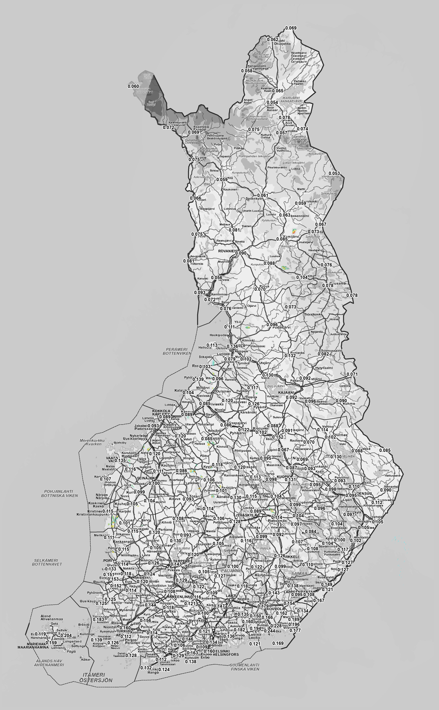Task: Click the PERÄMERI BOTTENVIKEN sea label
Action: (x=177, y=351)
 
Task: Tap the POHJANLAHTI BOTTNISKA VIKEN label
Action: (x=60, y=493)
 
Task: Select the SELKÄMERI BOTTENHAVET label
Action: (x=47, y=562)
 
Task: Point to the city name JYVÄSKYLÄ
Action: (x=246, y=515)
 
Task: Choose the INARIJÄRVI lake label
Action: (x=291, y=99)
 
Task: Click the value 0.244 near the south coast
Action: (x=269, y=631)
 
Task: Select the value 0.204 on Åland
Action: (x=66, y=635)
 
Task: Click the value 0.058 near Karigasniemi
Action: (x=247, y=71)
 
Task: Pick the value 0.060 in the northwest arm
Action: (x=133, y=86)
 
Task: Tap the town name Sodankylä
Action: (x=254, y=199)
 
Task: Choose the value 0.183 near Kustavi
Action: (x=98, y=619)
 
